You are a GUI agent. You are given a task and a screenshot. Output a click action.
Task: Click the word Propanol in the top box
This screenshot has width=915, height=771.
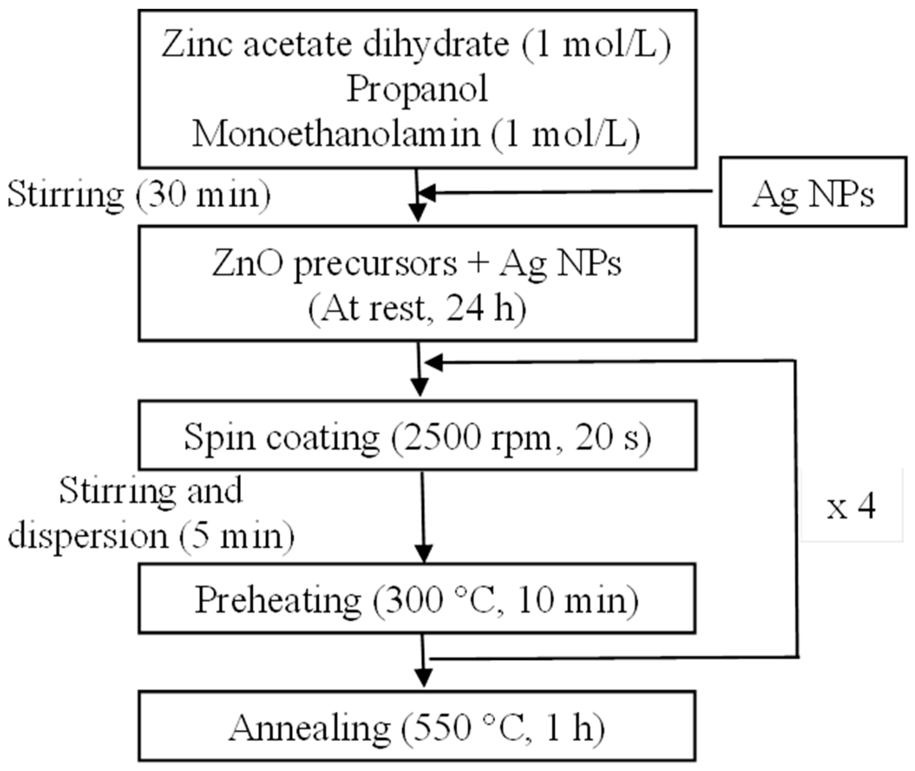coord(417,90)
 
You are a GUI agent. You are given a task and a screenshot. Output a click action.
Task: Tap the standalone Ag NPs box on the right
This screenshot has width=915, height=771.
coord(813,192)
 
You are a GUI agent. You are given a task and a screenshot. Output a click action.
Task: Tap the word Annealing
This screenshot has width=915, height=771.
coord(309,729)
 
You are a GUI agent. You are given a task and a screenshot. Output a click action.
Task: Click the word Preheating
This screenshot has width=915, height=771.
coord(278,600)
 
